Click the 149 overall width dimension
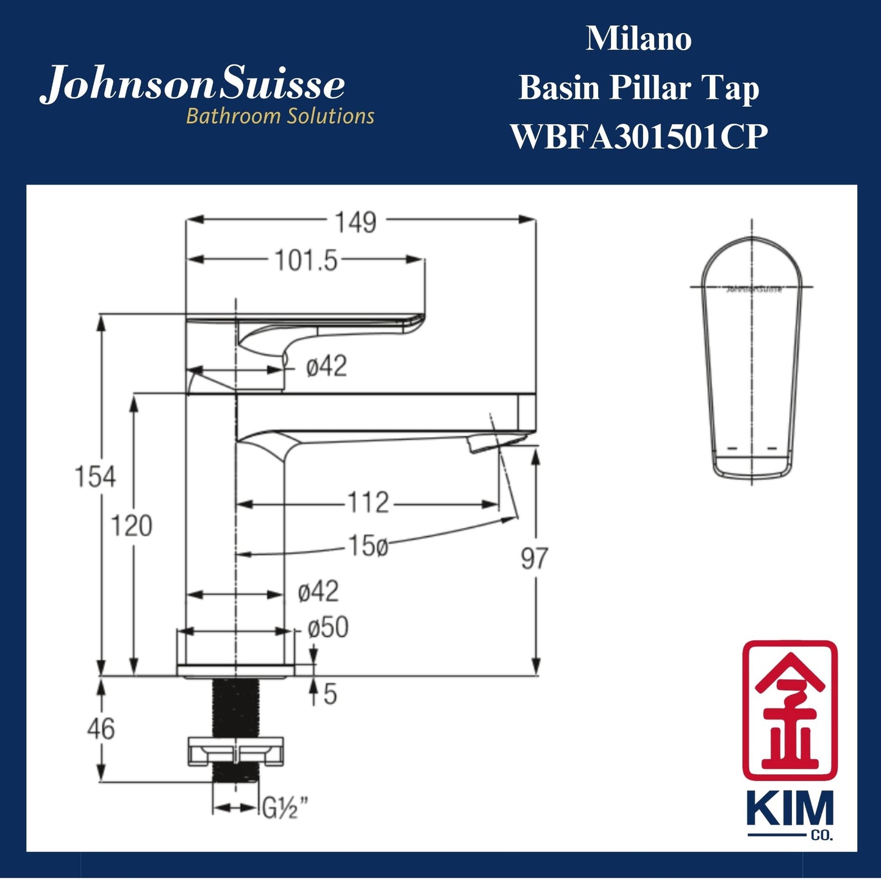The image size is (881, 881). [356, 223]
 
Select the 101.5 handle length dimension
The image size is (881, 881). [305, 261]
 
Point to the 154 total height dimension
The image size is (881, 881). [95, 476]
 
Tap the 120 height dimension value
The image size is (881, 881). [131, 526]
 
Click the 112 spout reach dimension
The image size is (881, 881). [368, 504]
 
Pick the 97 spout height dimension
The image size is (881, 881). [534, 558]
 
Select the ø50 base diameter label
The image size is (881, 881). [328, 627]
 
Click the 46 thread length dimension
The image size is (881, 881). [101, 729]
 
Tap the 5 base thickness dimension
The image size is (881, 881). [330, 694]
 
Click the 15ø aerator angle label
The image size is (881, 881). [368, 546]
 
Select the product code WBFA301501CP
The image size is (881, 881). [638, 137]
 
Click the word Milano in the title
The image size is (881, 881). [638, 39]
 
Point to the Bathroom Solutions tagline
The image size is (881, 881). [280, 116]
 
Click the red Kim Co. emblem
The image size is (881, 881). [790, 710]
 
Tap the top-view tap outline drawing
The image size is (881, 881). [751, 360]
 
